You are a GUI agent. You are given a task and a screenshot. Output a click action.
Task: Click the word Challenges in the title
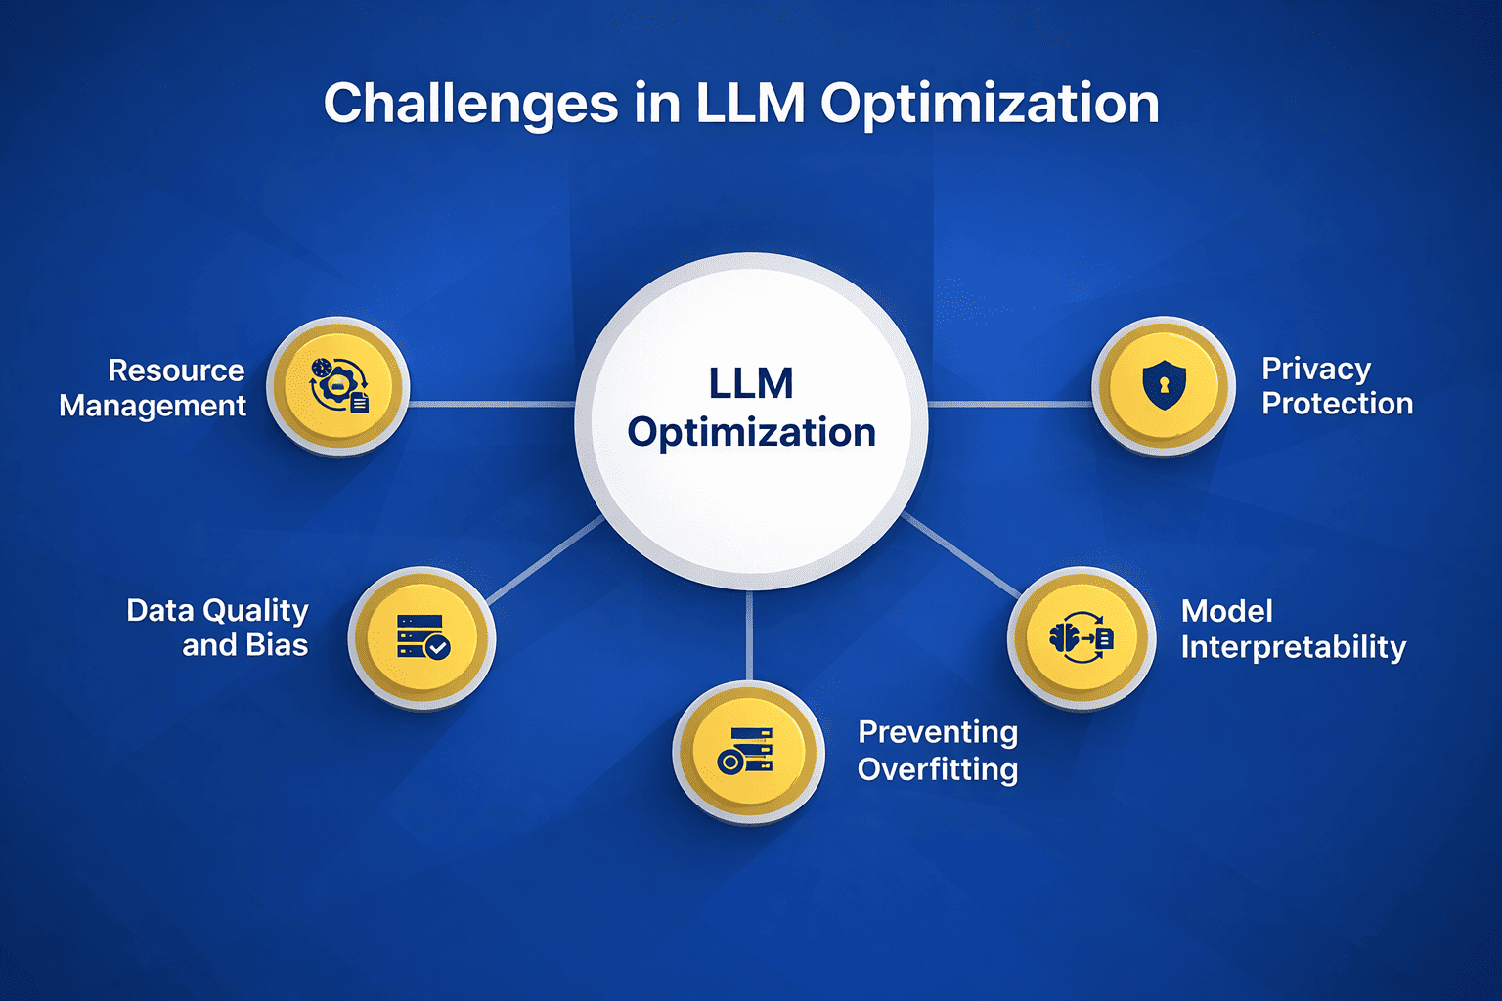470,104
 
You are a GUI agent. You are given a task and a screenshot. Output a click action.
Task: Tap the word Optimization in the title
990,104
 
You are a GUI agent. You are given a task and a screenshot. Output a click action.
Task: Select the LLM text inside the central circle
751,383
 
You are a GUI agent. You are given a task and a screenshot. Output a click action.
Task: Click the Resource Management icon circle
338,386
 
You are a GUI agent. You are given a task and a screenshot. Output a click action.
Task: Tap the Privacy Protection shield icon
1164,385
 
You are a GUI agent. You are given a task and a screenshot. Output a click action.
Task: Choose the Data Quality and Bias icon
422,637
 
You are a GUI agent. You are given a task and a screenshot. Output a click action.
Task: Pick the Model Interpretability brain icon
1081,637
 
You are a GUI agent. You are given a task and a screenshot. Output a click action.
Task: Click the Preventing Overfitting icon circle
747,752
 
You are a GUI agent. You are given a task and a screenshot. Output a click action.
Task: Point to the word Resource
176,370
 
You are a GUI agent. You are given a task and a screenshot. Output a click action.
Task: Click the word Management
153,406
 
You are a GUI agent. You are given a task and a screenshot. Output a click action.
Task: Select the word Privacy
1316,369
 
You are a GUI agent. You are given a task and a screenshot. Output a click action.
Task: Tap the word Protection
1337,404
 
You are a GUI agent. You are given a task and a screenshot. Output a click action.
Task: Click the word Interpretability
1293,647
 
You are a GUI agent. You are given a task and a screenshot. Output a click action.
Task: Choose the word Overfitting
937,769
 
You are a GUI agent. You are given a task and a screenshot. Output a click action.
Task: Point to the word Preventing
937,732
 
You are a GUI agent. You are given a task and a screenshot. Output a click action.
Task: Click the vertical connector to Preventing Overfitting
749,635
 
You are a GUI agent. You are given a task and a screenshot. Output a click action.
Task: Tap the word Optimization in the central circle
751,432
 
